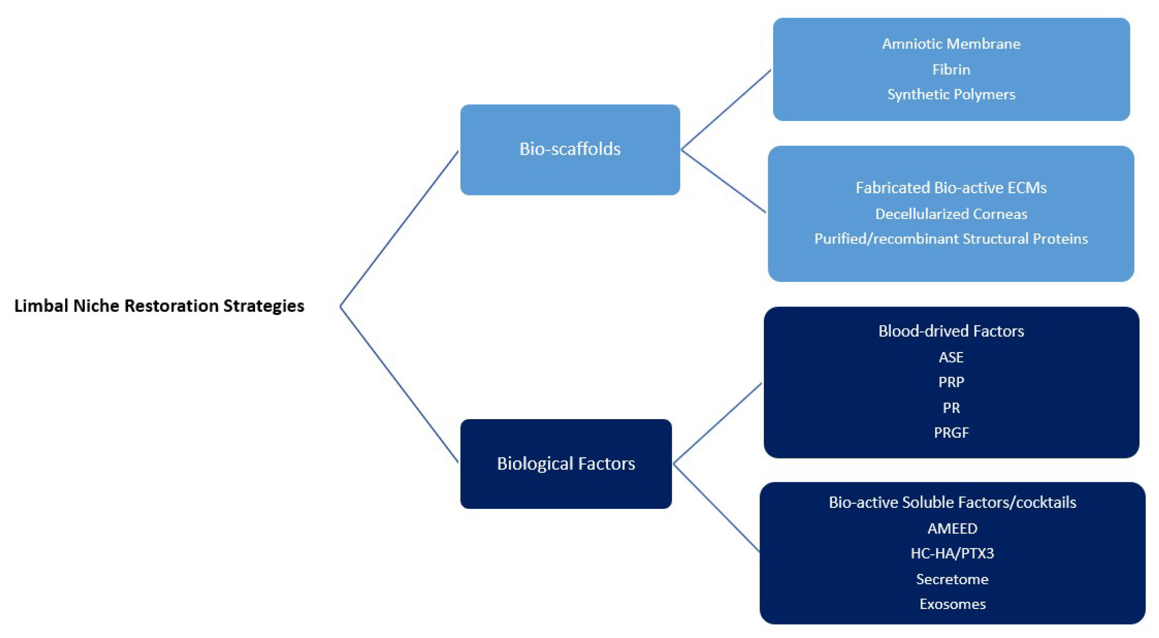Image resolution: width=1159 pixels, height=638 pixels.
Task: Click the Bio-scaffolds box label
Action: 570,149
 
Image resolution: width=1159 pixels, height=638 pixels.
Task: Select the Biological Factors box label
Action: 566,463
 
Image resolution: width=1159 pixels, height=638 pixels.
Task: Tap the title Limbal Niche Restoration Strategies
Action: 159,306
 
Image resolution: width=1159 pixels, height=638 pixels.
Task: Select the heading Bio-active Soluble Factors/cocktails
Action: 952,502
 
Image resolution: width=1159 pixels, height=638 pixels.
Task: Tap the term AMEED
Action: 952,528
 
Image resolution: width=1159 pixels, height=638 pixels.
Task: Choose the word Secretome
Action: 952,579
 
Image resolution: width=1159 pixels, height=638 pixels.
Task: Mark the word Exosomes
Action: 952,604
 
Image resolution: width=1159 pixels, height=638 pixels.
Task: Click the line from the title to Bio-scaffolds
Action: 400,229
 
